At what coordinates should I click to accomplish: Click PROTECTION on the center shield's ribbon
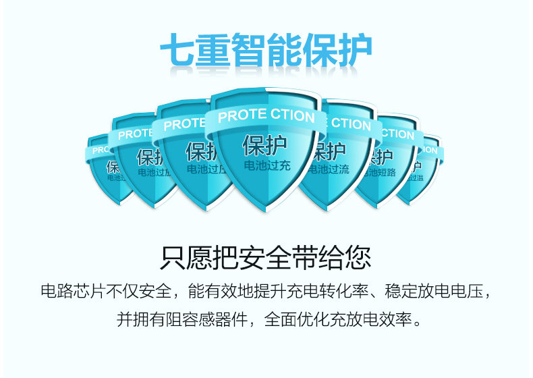[266, 115]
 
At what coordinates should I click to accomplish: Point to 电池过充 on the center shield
[266, 165]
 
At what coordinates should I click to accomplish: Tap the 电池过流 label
[331, 169]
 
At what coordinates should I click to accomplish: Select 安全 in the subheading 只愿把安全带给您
[266, 258]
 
